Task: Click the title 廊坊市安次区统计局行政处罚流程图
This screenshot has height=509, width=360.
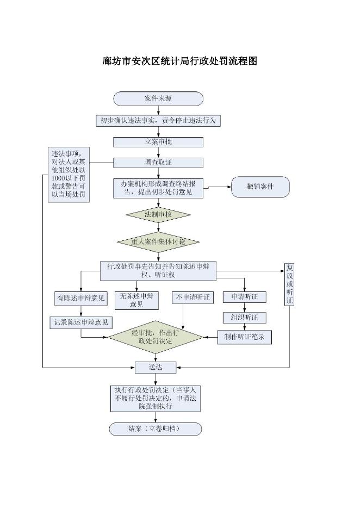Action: [179, 61]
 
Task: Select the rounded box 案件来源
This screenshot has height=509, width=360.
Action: [158, 98]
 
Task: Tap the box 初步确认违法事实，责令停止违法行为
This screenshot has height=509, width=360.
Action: [158, 121]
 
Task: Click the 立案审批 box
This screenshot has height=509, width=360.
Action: [158, 142]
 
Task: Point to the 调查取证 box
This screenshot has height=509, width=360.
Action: [158, 163]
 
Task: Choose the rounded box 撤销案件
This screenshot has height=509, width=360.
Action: [260, 187]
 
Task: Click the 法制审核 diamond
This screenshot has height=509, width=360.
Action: [158, 215]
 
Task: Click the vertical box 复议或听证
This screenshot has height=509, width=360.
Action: [289, 284]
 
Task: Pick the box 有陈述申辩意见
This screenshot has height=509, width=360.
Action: [81, 298]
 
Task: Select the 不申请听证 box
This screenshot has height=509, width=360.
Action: [193, 297]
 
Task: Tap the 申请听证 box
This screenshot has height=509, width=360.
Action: [244, 297]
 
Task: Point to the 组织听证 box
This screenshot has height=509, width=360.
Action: [244, 318]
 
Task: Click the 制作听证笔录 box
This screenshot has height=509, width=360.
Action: [244, 337]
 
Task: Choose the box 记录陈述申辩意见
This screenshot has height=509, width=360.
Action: [81, 322]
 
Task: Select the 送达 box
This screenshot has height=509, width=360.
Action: [156, 368]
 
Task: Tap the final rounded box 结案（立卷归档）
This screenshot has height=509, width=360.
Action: [156, 429]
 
